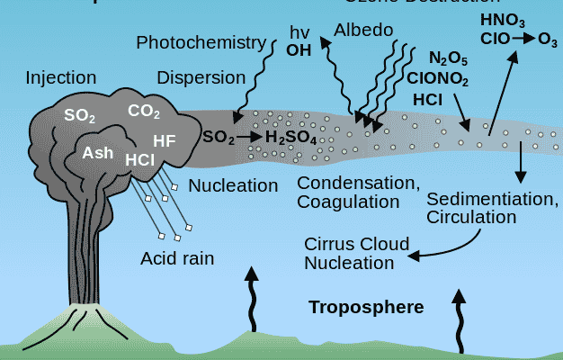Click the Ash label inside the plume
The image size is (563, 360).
point(98,152)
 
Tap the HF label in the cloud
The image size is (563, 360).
point(165,140)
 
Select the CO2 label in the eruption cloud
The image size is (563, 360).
point(144,112)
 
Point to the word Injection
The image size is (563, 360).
point(61,76)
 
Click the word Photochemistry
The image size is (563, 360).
point(201,42)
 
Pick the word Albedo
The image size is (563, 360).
point(363,31)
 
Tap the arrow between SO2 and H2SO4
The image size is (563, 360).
point(249,137)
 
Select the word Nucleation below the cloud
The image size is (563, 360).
point(234,186)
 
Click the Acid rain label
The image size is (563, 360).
point(177,259)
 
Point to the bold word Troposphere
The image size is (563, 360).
point(366,308)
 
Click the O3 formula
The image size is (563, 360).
point(547,39)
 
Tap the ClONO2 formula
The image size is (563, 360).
point(437,78)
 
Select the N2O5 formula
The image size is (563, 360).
point(448,59)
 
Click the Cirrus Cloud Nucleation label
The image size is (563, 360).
point(357,253)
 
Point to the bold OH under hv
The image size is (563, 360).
point(299,49)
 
